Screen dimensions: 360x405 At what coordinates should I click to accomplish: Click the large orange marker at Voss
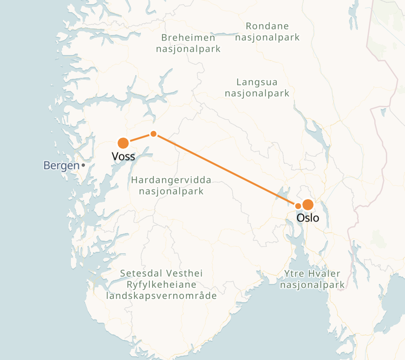coord(123,143)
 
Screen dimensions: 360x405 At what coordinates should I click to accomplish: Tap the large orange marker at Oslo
coord(308,205)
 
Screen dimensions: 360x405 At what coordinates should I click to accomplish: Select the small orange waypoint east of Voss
coord(154,134)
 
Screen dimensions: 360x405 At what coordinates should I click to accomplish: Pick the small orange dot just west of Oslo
coord(298,206)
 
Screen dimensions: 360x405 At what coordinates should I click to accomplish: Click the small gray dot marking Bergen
coord(83,165)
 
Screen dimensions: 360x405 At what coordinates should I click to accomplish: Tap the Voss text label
coord(123,157)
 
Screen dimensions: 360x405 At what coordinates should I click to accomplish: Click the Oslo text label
coord(308,218)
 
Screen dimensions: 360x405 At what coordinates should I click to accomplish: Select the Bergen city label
coord(61,165)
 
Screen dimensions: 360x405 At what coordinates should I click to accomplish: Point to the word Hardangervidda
coord(171,180)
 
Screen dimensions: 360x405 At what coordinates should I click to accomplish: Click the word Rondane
coord(267,26)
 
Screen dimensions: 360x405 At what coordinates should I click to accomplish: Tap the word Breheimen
coord(188,38)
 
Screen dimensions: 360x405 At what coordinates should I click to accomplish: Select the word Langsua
coord(257,83)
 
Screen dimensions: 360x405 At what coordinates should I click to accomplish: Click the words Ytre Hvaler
coord(312,274)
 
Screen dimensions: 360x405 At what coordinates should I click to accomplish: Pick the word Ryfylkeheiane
coord(161,284)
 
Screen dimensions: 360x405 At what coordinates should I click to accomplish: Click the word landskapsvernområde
coord(161,296)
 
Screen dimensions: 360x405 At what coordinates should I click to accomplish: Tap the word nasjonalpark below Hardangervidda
coord(171,191)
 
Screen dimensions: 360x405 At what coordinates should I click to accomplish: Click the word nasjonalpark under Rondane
coord(267,37)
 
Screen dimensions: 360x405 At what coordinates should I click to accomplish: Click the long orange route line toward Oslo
coord(224,169)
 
